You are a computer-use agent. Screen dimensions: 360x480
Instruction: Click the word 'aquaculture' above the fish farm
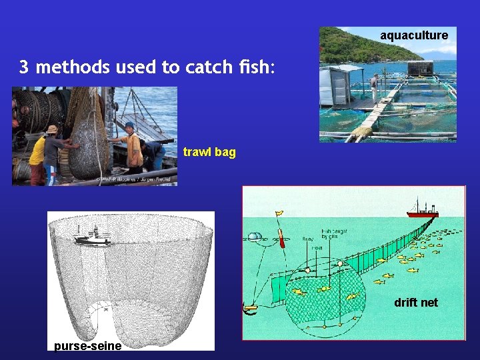click(414, 35)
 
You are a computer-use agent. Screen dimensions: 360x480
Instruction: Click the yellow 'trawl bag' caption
click(209, 152)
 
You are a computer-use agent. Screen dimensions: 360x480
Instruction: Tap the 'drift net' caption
click(415, 303)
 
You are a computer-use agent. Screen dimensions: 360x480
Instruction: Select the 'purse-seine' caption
click(87, 345)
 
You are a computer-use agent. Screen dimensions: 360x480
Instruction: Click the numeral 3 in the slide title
click(23, 67)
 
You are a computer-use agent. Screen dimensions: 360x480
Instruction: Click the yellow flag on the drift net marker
click(278, 213)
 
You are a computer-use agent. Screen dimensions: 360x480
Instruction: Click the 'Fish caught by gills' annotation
click(333, 234)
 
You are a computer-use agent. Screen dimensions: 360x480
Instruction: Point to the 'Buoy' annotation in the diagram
click(308, 238)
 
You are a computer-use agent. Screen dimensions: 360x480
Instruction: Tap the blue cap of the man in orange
click(129, 125)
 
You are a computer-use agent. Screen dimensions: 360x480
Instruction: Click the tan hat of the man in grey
click(52, 129)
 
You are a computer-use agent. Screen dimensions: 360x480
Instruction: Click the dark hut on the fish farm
click(420, 69)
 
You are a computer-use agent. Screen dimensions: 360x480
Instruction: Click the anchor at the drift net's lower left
click(251, 308)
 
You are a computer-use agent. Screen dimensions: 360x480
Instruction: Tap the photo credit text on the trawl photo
click(136, 179)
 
